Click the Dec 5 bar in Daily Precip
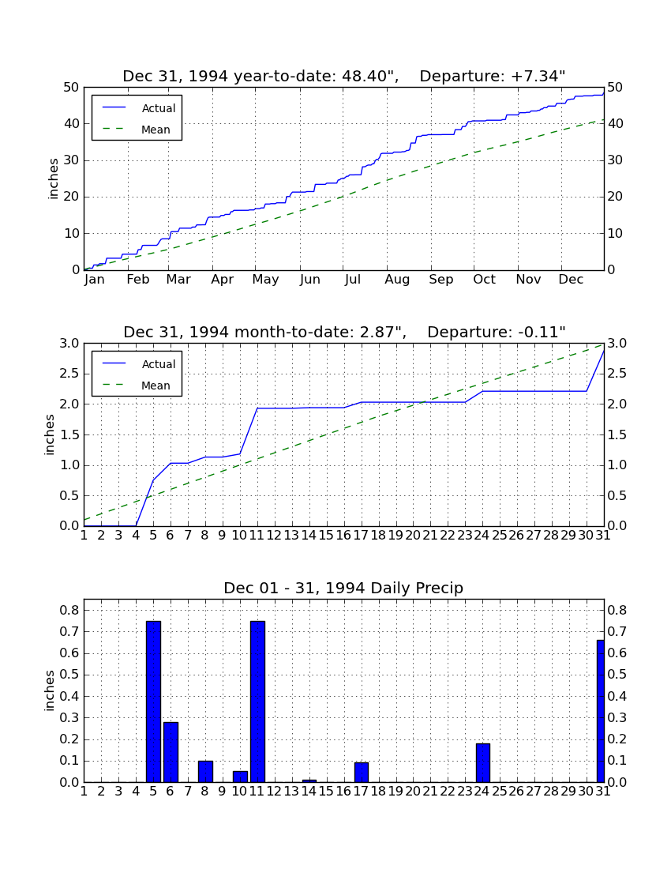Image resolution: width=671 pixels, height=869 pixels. tap(153, 702)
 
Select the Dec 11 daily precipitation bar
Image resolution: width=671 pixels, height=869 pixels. tap(257, 702)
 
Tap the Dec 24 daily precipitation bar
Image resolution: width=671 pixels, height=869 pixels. tap(483, 763)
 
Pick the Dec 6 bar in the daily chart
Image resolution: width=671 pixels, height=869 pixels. tap(171, 752)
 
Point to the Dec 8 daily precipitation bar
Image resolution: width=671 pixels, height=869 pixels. tap(205, 772)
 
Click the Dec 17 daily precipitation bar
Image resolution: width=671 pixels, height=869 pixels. tap(362, 773)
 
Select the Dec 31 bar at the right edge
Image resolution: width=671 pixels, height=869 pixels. tap(600, 711)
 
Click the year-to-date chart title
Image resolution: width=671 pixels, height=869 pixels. tap(344, 76)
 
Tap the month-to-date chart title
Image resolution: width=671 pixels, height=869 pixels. tap(344, 332)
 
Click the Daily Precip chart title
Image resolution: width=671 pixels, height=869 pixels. tap(343, 588)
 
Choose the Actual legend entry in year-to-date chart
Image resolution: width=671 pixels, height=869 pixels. tap(139, 108)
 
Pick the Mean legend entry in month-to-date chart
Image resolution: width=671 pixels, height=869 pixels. tap(139, 386)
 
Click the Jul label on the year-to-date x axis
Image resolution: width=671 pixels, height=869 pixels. tap(353, 280)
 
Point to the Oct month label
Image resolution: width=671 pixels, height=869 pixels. tap(484, 280)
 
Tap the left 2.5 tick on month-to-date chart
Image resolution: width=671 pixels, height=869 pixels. tap(69, 374)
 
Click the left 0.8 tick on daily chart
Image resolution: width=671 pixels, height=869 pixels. tap(69, 610)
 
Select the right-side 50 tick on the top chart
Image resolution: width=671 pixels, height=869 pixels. tap(615, 88)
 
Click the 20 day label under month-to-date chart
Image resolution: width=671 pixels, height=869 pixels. tap(413, 536)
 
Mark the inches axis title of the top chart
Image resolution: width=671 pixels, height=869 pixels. tap(53, 179)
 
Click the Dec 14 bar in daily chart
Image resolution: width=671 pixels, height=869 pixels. tap(309, 781)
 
